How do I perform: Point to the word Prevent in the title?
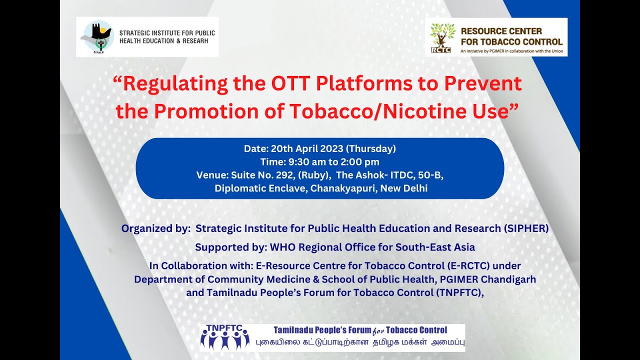pos(480,83)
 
